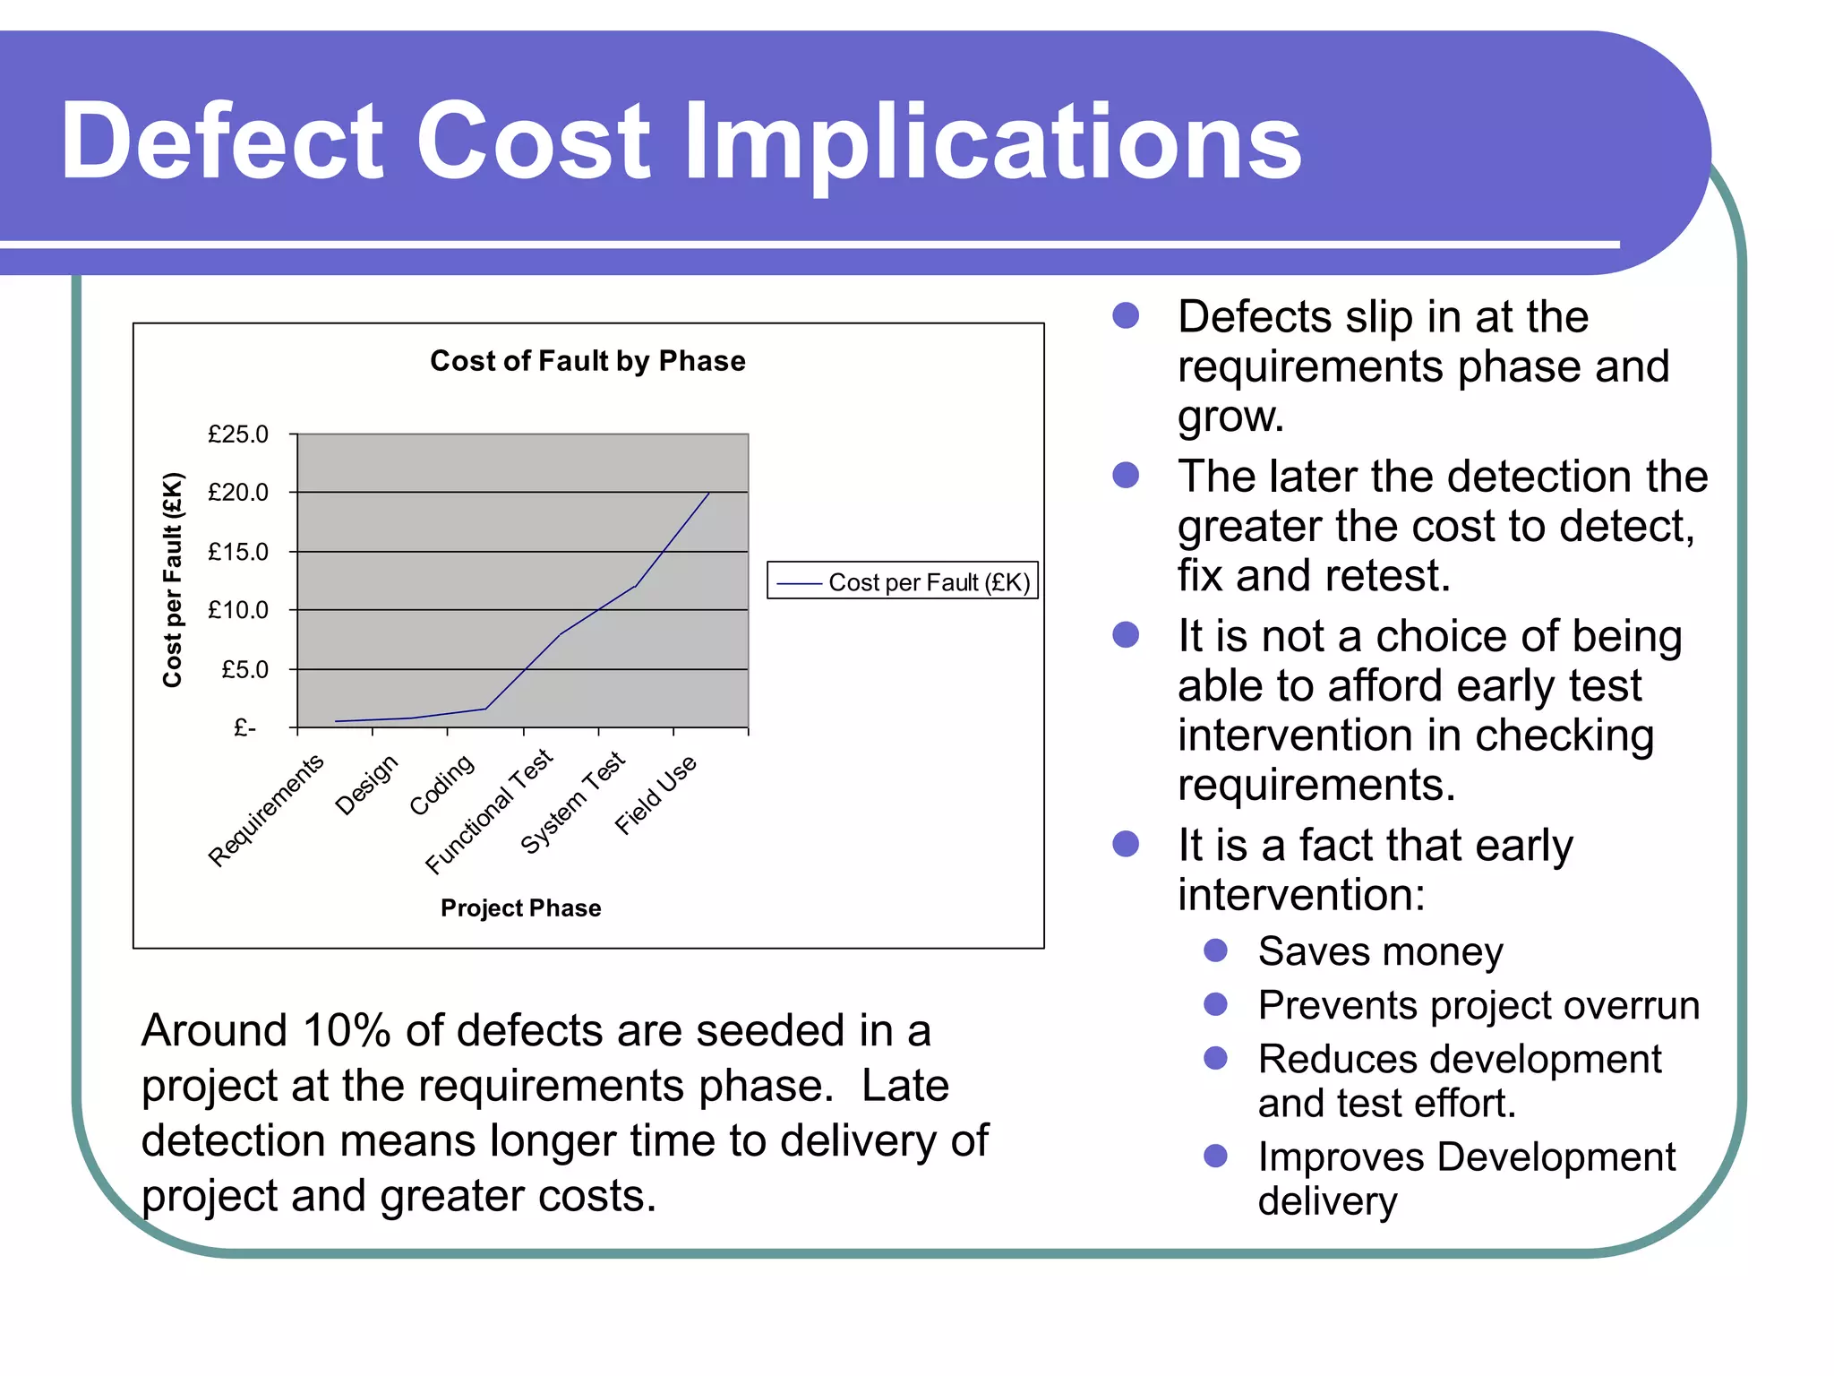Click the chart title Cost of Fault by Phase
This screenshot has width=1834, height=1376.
point(587,361)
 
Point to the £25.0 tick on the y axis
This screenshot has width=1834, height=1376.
point(237,434)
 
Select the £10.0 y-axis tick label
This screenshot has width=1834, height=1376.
point(237,610)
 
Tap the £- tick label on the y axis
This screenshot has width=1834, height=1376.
point(244,727)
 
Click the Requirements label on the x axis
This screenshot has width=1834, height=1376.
point(266,810)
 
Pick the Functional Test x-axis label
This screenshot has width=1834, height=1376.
point(489,810)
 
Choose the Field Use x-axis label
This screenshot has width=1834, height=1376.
point(656,795)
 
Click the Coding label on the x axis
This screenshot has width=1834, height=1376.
point(441,784)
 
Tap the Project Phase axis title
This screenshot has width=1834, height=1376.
point(520,908)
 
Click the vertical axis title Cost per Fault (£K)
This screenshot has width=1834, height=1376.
point(172,580)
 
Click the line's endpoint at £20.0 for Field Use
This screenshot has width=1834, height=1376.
point(709,493)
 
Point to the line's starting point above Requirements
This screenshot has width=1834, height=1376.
point(336,721)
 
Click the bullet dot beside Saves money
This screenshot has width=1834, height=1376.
point(1215,950)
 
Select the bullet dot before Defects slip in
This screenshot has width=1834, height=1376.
point(1126,315)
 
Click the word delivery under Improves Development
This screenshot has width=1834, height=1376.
point(1327,1200)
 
